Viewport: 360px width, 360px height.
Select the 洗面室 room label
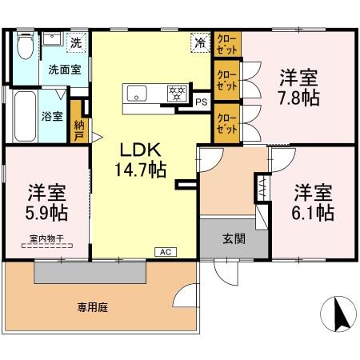point(64,70)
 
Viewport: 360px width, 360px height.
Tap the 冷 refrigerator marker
point(198,42)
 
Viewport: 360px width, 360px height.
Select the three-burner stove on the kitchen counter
point(176,93)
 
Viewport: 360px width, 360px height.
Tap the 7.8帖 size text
point(298,98)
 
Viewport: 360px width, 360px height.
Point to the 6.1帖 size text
point(312,213)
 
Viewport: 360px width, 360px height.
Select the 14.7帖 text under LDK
point(143,169)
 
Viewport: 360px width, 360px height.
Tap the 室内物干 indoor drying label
point(46,238)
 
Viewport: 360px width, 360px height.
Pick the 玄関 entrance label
point(234,238)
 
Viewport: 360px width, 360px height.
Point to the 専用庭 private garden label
point(93,306)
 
